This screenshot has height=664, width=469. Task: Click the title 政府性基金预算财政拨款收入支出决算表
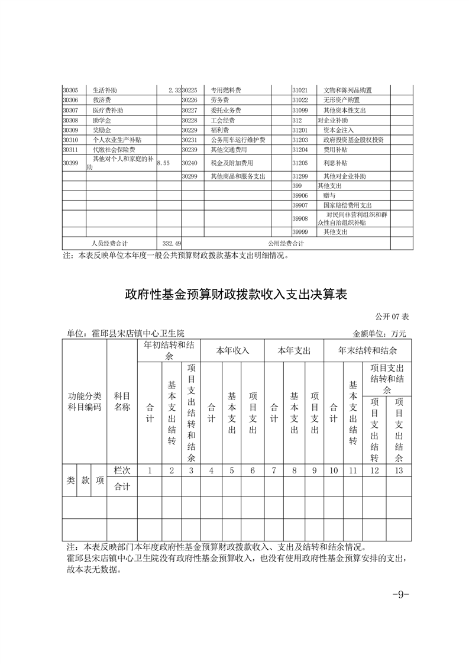235,295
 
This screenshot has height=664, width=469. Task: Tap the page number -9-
401,594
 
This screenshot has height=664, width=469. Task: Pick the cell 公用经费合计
286,243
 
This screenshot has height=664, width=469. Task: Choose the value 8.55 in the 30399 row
163,162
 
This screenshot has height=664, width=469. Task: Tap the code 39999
300,232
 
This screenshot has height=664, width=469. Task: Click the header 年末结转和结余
367,350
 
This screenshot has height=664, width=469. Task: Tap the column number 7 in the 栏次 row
274,470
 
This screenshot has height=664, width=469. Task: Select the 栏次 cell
122,470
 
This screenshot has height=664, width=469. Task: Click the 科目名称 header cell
122,401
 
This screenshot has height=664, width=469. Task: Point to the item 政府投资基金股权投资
354,140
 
